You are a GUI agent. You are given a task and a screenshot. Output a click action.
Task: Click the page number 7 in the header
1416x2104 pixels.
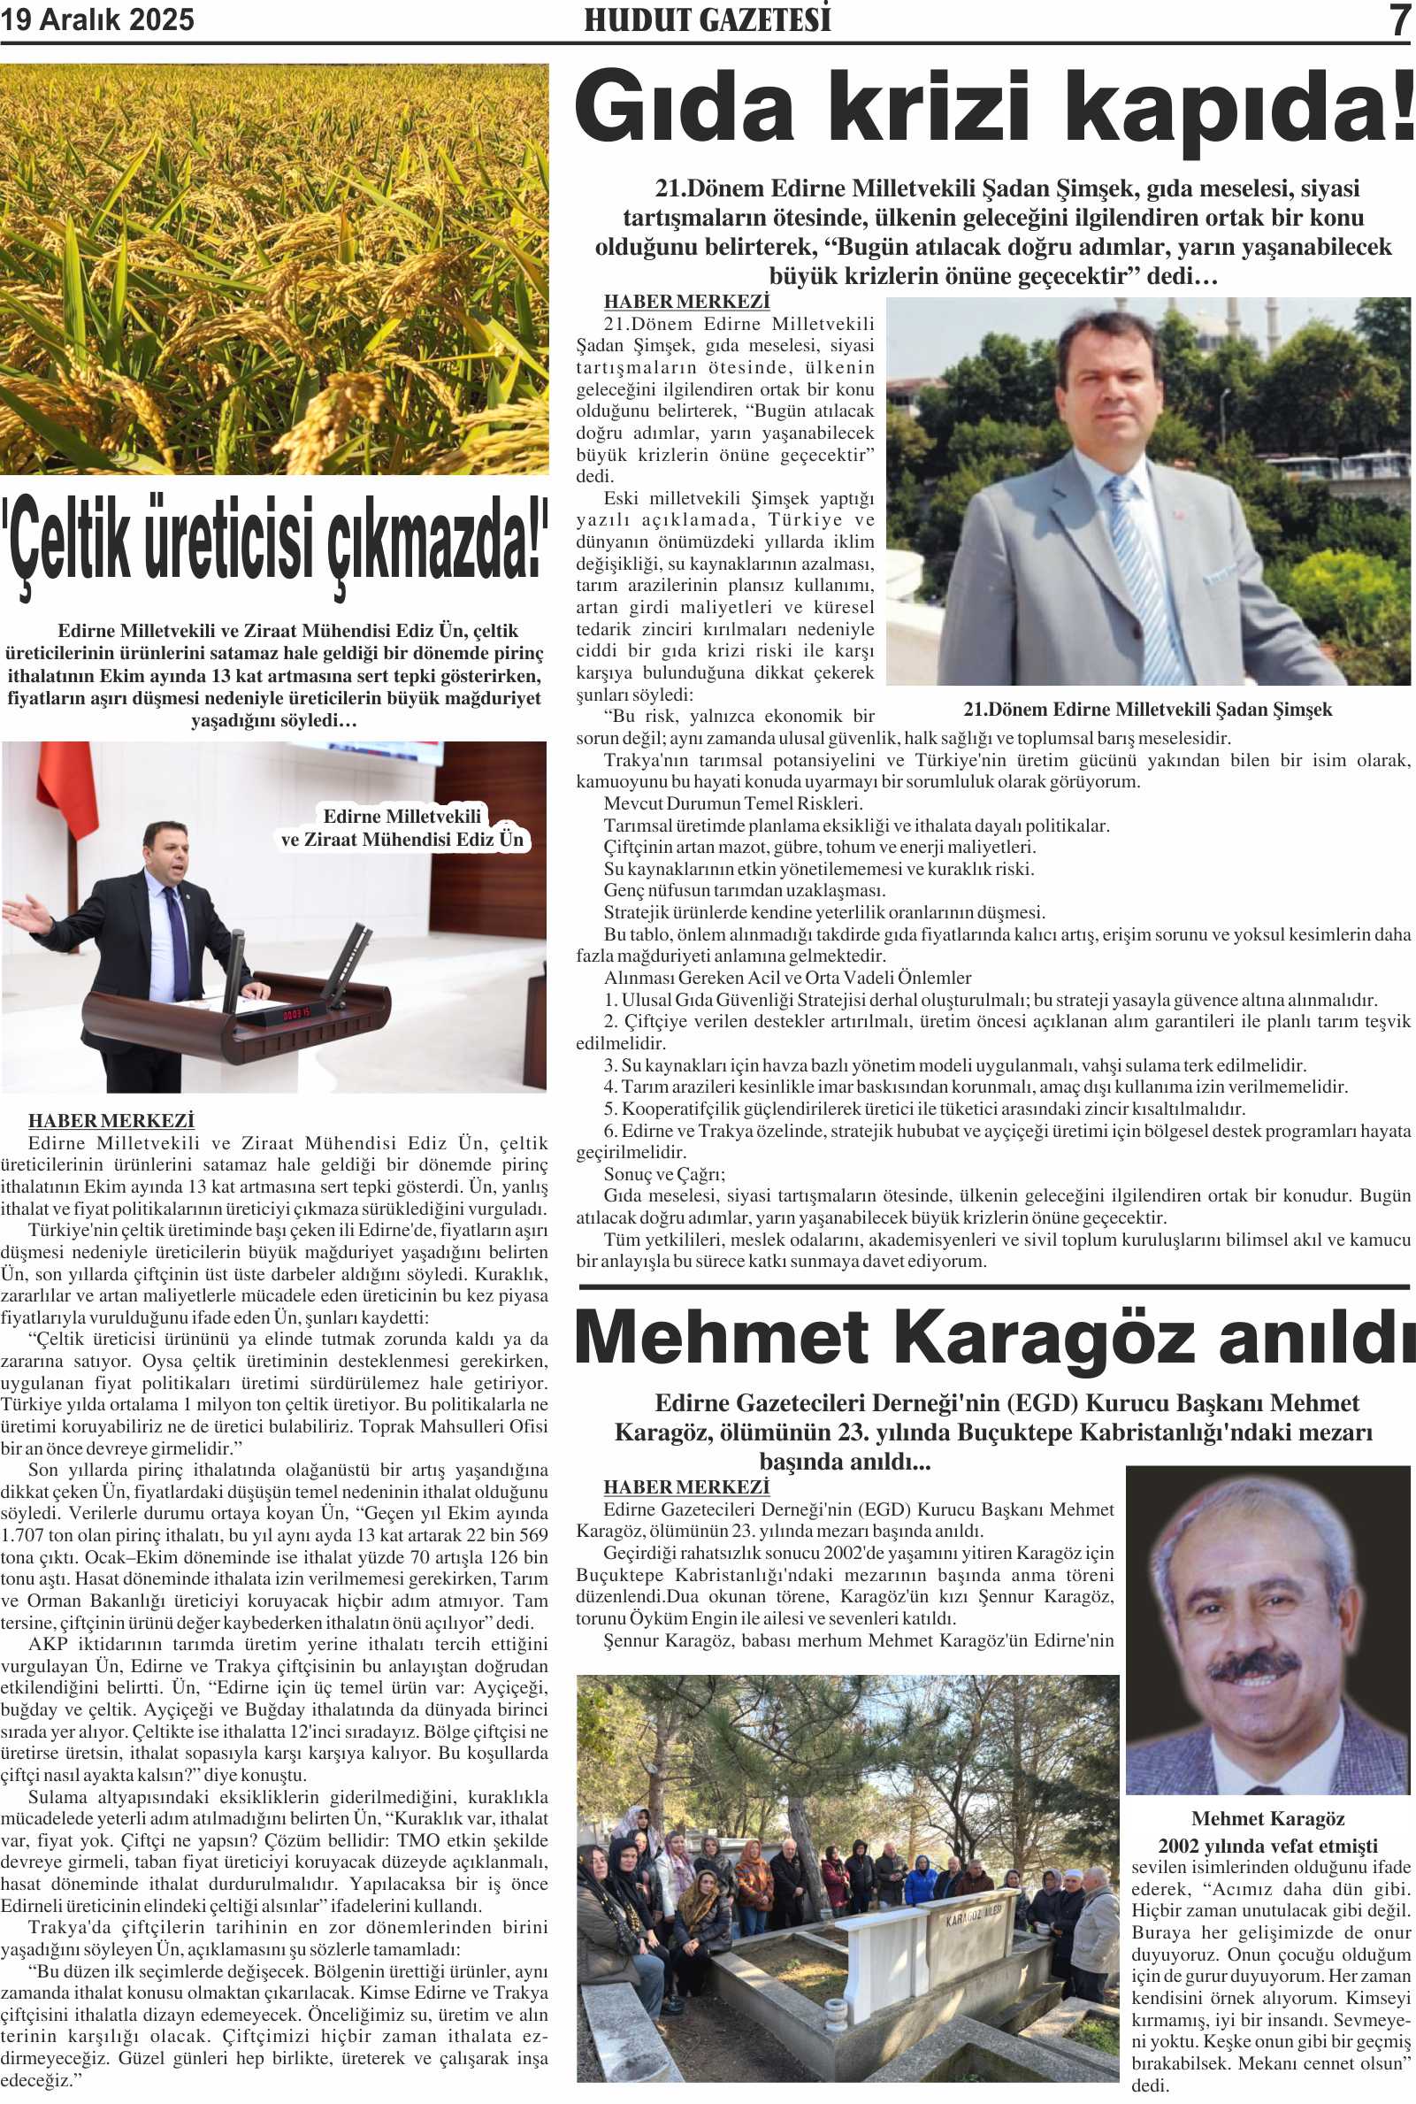click(1399, 19)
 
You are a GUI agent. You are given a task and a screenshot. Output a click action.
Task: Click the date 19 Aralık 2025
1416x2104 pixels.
click(96, 19)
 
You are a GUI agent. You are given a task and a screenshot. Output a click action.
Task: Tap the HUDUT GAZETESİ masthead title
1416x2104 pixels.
click(707, 19)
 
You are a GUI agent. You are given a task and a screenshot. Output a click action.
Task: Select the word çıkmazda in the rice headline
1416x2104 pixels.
click(438, 541)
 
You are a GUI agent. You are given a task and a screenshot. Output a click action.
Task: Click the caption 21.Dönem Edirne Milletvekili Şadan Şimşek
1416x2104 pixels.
click(1147, 710)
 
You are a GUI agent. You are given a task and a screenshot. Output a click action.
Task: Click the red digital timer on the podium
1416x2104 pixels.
click(296, 1013)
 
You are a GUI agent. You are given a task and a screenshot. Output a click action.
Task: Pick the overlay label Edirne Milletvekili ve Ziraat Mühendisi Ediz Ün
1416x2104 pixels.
click(402, 827)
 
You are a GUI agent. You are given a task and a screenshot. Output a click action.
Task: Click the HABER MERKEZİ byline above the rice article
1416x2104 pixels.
click(111, 1120)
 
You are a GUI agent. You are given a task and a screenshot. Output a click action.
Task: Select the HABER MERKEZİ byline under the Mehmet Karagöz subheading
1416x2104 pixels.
click(686, 1487)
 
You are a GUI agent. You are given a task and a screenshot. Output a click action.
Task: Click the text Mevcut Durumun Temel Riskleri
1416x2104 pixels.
click(733, 803)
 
